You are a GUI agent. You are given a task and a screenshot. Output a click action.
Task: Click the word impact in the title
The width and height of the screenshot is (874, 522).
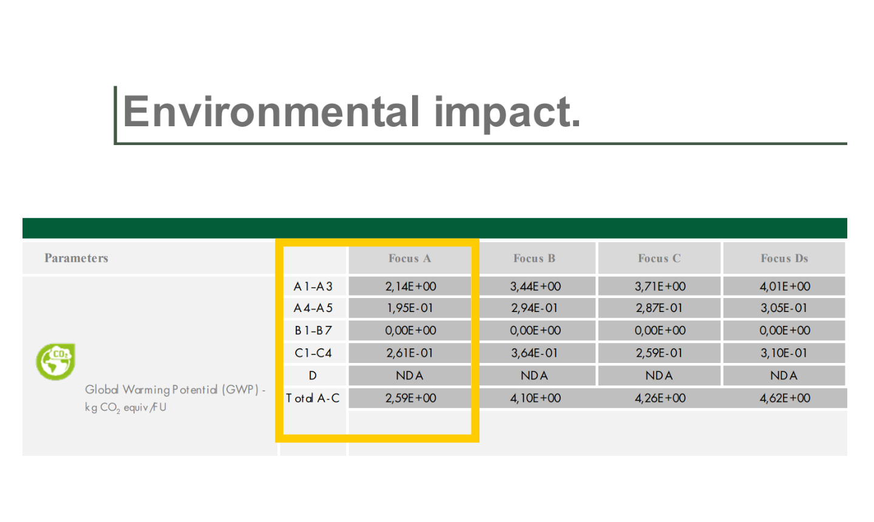tap(507, 114)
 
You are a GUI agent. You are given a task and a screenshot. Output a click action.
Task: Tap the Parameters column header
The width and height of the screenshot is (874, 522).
tap(76, 258)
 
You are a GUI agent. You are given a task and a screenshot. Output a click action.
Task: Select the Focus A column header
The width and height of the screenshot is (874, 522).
tap(410, 259)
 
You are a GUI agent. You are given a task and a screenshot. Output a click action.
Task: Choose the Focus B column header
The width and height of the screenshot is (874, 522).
tap(534, 259)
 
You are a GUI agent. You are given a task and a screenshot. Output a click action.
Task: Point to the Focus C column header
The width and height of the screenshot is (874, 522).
tap(659, 259)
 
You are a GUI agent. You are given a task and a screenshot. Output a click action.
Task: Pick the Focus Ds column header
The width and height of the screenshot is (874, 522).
tap(784, 259)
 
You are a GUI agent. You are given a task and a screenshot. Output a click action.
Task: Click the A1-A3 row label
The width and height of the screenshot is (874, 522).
tap(313, 286)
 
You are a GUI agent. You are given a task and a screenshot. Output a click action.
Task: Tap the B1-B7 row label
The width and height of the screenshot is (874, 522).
tap(313, 330)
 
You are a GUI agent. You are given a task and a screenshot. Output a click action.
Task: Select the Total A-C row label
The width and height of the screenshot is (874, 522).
tap(313, 398)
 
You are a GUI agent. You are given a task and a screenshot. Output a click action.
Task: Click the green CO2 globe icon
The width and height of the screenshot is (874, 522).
tap(56, 362)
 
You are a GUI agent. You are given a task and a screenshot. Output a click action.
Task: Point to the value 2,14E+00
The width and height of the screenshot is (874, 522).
tap(410, 286)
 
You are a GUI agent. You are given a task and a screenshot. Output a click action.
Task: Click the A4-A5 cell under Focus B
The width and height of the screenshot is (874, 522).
tap(535, 308)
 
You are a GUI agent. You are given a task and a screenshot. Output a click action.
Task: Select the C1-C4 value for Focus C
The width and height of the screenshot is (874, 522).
tap(659, 353)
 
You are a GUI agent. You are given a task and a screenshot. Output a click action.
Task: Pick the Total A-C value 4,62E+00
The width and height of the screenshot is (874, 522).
tap(785, 398)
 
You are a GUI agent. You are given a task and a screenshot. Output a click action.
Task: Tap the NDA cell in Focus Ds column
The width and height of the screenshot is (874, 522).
tap(784, 375)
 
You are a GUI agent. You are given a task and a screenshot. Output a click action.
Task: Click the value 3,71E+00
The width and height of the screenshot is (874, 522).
tap(660, 286)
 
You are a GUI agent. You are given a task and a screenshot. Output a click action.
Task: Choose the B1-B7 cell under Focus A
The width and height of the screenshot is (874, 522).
tap(410, 330)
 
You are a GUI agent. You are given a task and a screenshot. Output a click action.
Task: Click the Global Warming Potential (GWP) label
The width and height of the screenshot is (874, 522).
tap(175, 390)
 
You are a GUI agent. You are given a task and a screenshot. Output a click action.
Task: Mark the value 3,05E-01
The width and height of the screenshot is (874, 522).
tap(784, 308)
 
